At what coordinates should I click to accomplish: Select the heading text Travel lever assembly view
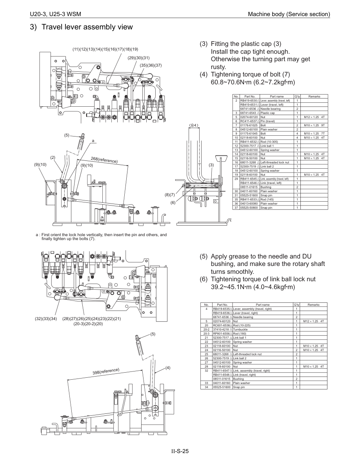click(87, 27)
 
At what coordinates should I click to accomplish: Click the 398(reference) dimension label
click(105, 371)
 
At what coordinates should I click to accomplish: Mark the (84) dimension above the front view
click(195, 126)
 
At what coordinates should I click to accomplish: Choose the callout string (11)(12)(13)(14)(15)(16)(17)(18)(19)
click(105, 49)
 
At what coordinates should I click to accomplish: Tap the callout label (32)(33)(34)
click(46, 319)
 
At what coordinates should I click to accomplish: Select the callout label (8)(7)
click(169, 195)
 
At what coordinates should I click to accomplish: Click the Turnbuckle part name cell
click(240, 329)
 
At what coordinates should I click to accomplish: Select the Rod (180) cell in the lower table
click(240, 333)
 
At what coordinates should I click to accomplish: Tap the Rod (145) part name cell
click(267, 199)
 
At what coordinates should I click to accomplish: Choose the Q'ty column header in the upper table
click(297, 96)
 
